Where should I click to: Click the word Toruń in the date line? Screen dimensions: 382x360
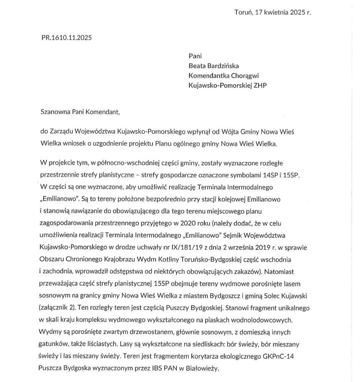(244, 12)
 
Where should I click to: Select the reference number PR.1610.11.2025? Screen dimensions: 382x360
(67, 38)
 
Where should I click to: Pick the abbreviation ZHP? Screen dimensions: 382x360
(260, 86)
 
